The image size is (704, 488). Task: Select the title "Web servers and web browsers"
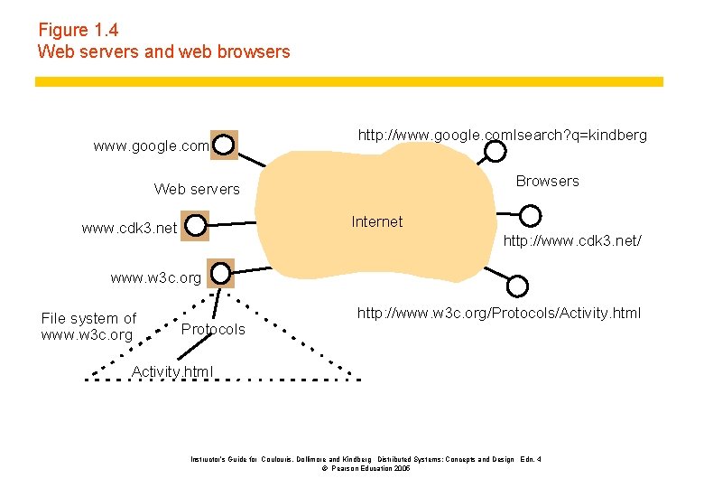coord(163,52)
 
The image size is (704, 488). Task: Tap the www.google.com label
coord(151,145)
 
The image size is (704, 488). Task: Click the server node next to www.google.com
coord(224,144)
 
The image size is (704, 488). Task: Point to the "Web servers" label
coord(197,189)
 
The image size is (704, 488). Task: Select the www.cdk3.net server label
coord(129,228)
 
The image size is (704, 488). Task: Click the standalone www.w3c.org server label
coord(155,278)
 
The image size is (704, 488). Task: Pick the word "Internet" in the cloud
coord(376,221)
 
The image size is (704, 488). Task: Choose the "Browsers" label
coord(547,181)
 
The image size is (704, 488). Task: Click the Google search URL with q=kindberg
coord(502,135)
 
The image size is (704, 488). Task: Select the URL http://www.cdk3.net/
coord(572,243)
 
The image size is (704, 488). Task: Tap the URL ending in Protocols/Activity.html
coord(498,313)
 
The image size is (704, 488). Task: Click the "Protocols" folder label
coord(213,329)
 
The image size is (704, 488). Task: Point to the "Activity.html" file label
coord(172,371)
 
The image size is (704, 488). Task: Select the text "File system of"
coord(88,318)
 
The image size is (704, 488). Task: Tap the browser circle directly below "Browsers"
coord(532,215)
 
